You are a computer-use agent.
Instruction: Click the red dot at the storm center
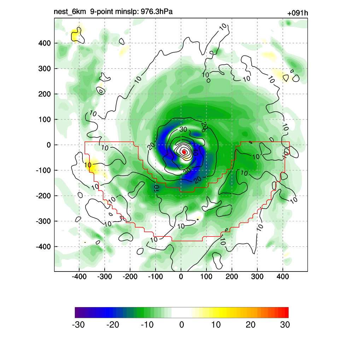(184, 152)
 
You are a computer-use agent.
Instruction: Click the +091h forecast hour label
(298, 13)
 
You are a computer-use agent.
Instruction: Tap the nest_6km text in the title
(70, 12)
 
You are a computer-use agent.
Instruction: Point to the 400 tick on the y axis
(45, 43)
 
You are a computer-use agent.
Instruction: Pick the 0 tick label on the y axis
(49, 145)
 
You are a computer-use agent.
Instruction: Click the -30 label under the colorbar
(78, 325)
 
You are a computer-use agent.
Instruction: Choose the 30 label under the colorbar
(285, 325)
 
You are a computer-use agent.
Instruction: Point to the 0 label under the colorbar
(182, 325)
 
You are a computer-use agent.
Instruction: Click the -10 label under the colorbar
(147, 325)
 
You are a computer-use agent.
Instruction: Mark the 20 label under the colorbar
(250, 325)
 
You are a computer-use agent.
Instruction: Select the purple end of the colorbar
(77, 313)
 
